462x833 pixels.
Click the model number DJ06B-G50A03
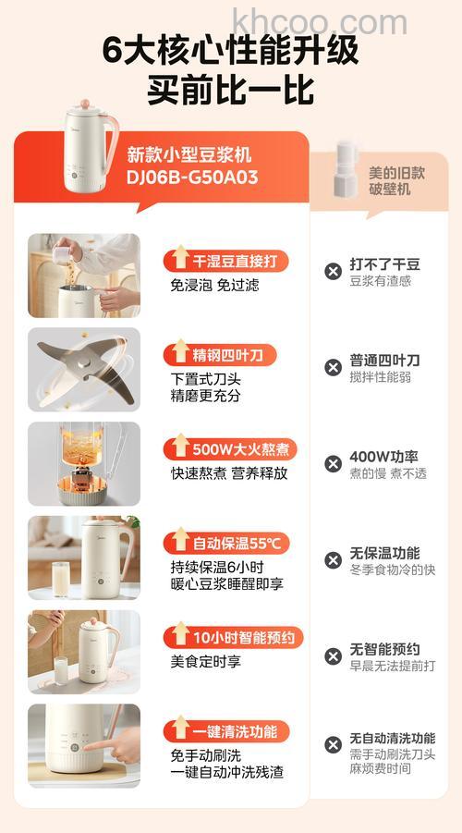(x=191, y=178)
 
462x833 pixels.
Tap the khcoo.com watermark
(x=319, y=19)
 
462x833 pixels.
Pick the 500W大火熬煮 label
(x=230, y=449)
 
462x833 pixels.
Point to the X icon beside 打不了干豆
(x=333, y=271)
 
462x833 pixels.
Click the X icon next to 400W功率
(x=333, y=463)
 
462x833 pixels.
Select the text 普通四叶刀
(x=383, y=360)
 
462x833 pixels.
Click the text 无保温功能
(x=383, y=553)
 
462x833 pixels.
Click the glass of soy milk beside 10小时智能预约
(x=61, y=668)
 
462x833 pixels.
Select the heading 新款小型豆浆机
(x=188, y=154)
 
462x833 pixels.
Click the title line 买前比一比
(x=230, y=91)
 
